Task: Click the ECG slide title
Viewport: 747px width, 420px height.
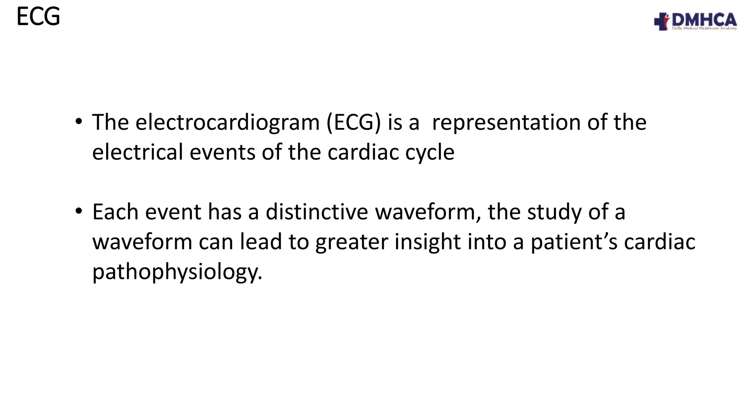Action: tap(38, 17)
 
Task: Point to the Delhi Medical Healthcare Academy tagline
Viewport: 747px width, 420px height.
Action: tap(704, 28)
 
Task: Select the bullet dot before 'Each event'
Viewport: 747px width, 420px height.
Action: tap(78, 211)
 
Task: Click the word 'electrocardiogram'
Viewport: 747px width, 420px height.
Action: tap(228, 122)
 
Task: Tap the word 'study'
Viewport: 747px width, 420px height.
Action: tap(554, 212)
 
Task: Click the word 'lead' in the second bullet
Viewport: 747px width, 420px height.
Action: tap(261, 242)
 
